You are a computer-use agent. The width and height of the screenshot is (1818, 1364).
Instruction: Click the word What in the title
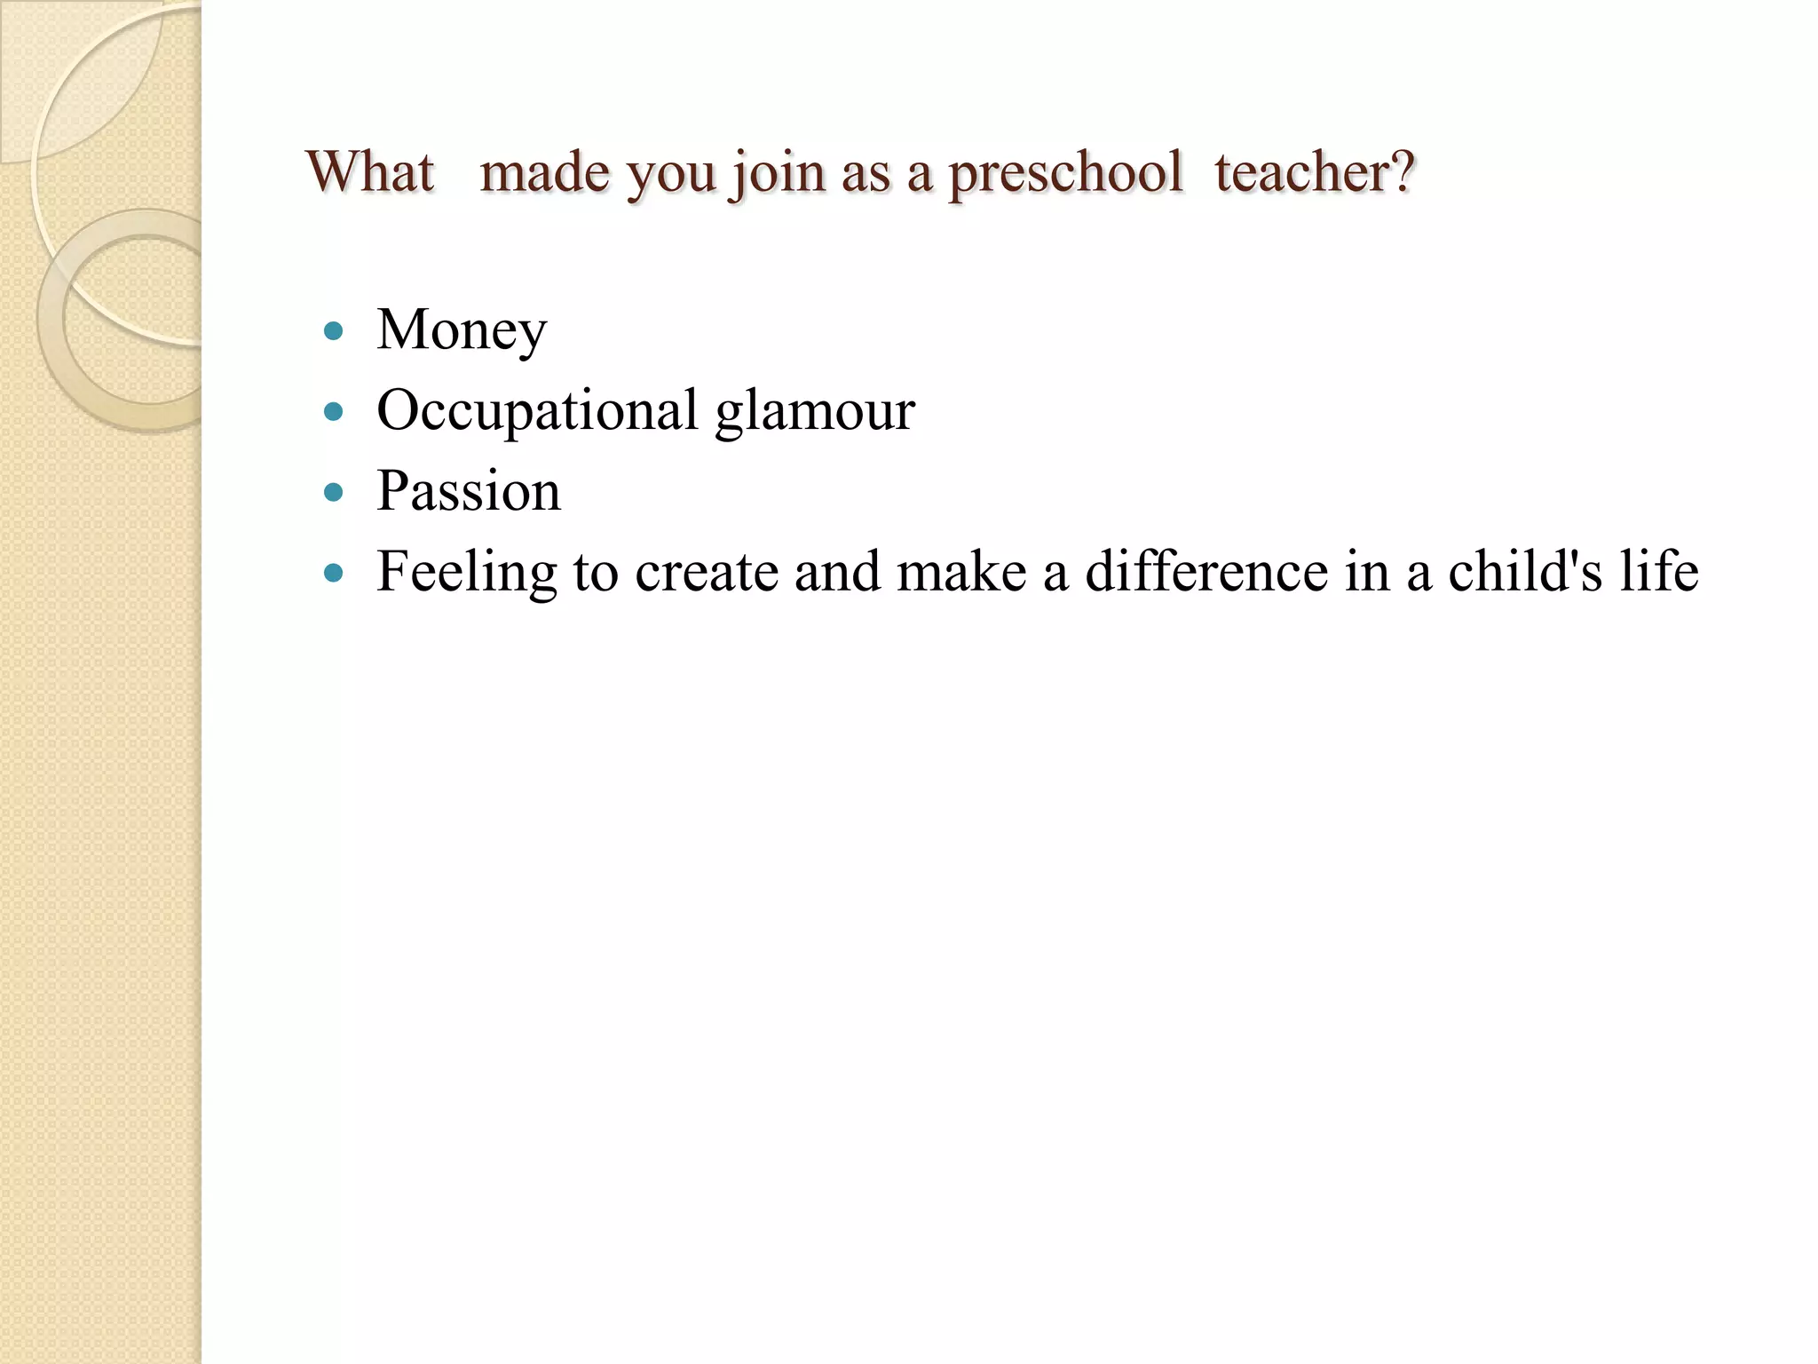click(370, 171)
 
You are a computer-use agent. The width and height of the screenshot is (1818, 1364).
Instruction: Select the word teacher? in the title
click(1314, 171)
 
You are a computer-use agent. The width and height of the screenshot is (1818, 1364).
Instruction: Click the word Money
click(462, 331)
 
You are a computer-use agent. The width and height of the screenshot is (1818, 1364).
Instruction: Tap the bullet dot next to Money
click(334, 332)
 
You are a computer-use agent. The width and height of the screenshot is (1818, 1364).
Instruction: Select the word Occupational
click(537, 412)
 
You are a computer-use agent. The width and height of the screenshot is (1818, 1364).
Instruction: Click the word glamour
click(815, 412)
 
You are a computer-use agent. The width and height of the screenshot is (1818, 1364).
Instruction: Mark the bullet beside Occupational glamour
click(334, 412)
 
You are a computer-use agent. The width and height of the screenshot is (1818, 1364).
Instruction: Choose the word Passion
click(469, 491)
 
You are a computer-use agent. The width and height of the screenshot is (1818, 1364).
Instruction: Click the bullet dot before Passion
click(334, 492)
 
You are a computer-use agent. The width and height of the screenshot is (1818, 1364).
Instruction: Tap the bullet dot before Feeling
click(334, 573)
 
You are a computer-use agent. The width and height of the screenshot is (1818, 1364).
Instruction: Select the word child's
click(1524, 571)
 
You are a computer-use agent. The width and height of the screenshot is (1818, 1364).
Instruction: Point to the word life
click(1659, 571)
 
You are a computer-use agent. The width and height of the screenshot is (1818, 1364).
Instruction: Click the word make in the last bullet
click(961, 571)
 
